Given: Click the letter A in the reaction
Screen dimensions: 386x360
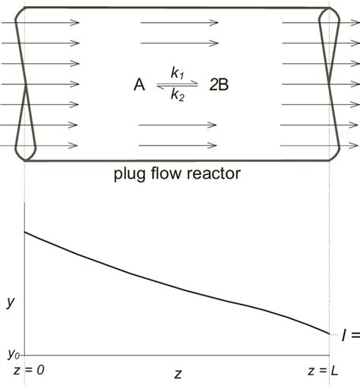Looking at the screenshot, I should (x=139, y=85).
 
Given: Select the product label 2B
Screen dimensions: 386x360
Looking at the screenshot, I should (x=219, y=85).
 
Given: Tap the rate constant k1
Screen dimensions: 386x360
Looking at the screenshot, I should (x=177, y=74).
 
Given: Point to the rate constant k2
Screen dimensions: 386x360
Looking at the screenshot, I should (x=177, y=97).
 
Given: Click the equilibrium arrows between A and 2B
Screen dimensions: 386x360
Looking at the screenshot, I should (x=177, y=85).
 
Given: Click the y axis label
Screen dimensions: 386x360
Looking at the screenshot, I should (x=10, y=302).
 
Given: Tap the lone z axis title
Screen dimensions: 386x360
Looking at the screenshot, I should (x=177, y=373).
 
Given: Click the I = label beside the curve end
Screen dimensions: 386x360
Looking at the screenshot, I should (x=350, y=335).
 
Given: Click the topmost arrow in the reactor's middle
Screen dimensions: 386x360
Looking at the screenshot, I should (x=174, y=23).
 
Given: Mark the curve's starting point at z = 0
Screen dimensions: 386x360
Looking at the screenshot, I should (x=25, y=231).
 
